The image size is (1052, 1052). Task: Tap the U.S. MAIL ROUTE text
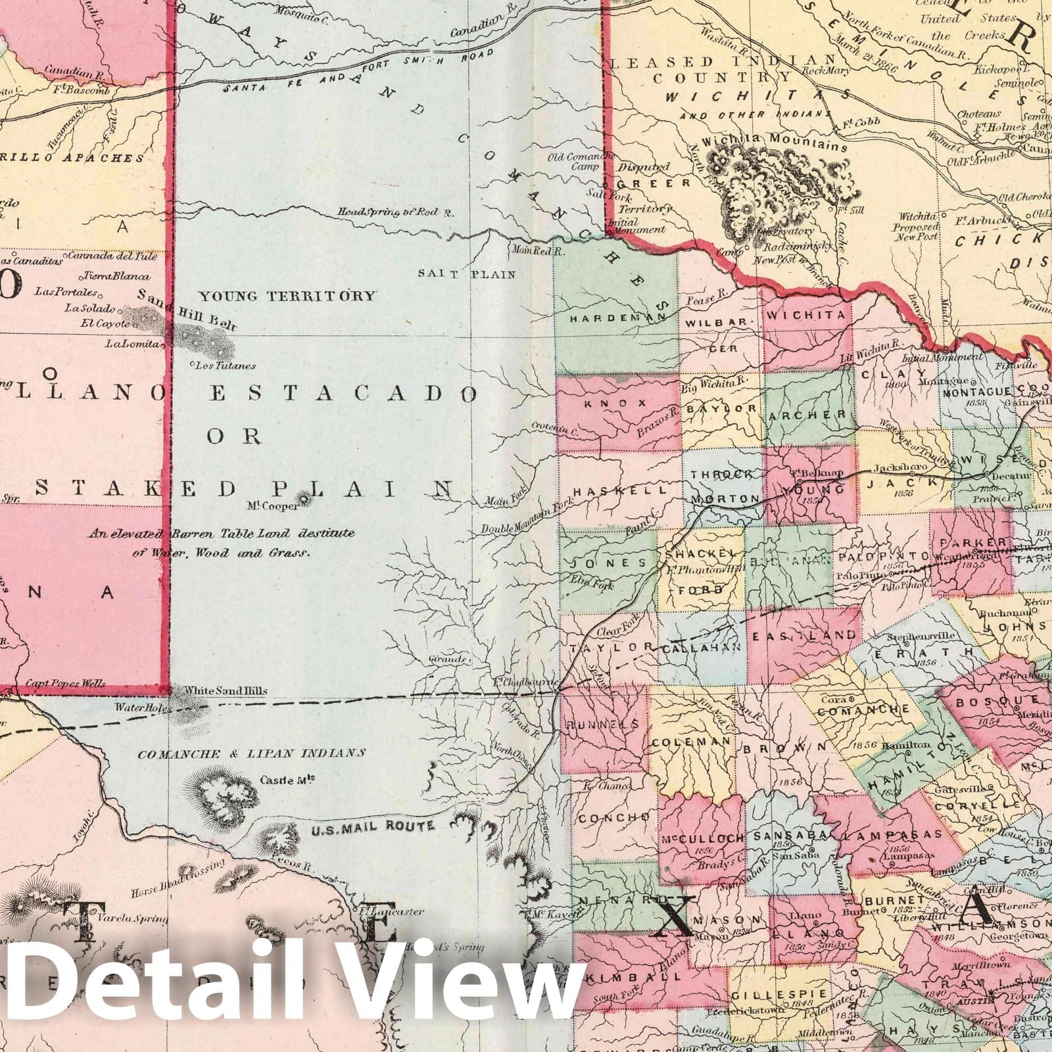pos(372,826)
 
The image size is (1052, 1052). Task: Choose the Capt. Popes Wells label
pos(65,684)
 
